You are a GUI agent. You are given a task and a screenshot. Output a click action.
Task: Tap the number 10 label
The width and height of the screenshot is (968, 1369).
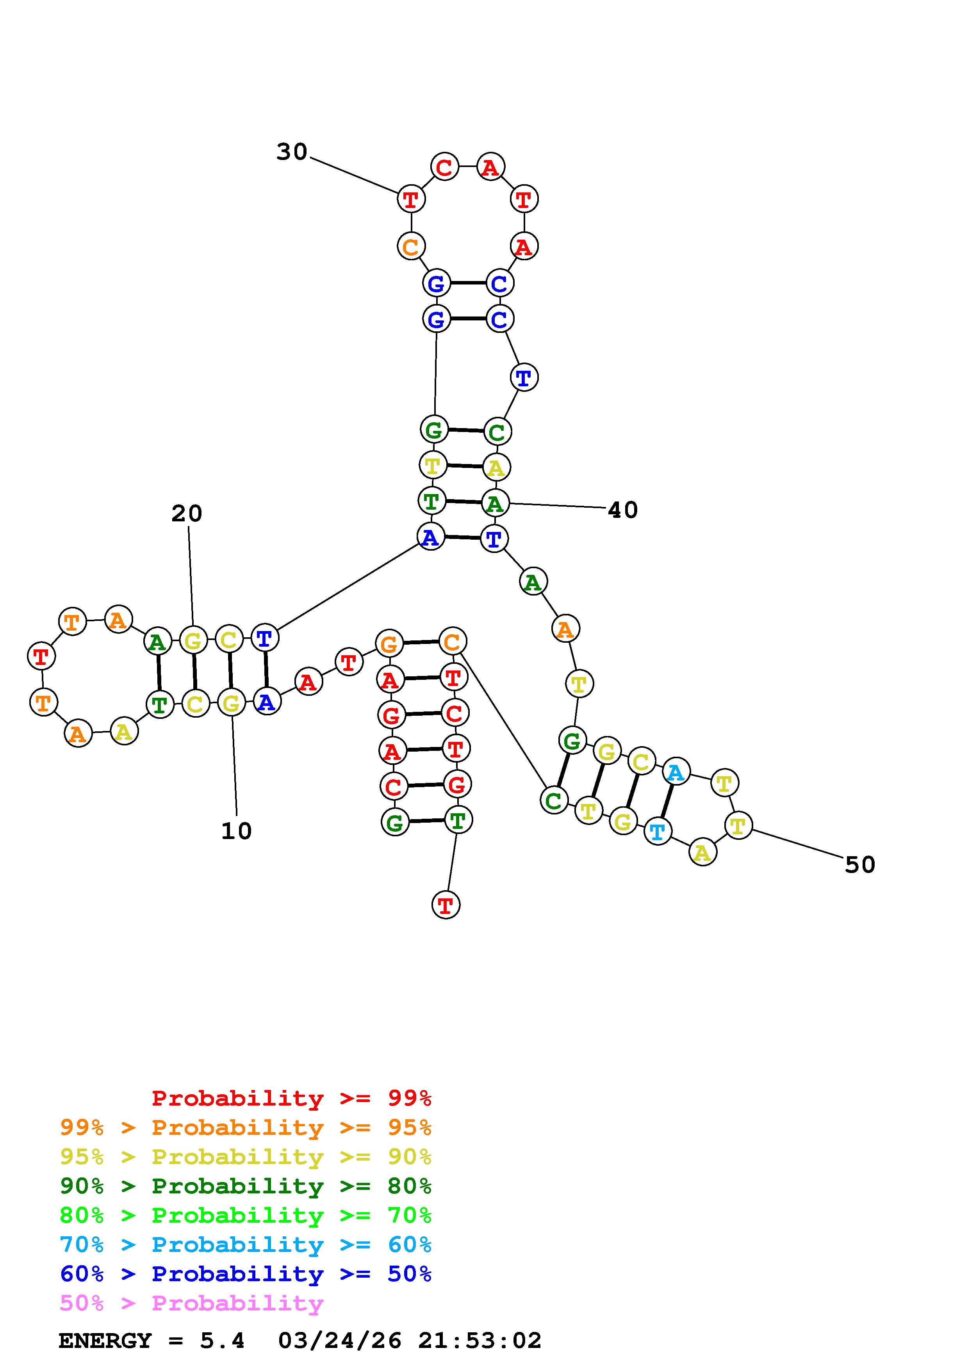[236, 830]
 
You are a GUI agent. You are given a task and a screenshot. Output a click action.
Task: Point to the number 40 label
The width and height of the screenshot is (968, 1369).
[623, 510]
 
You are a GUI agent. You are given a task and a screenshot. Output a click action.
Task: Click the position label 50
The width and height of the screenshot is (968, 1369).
[859, 864]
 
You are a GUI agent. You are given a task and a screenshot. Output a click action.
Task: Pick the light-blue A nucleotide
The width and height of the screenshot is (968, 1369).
[676, 773]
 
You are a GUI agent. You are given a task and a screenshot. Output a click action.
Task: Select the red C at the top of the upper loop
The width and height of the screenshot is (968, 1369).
[444, 167]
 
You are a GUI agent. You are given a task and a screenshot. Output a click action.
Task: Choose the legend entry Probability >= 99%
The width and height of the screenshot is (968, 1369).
[292, 1098]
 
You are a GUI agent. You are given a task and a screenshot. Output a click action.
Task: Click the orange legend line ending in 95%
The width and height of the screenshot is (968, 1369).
[246, 1127]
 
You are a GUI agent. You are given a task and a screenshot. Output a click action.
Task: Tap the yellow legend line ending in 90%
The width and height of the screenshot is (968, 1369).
[246, 1157]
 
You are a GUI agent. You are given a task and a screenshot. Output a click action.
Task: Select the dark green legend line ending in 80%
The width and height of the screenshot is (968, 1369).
[246, 1186]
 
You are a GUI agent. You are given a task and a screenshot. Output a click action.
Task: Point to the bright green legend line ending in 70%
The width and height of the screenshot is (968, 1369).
[246, 1215]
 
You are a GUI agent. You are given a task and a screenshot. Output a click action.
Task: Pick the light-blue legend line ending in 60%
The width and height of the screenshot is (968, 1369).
[246, 1245]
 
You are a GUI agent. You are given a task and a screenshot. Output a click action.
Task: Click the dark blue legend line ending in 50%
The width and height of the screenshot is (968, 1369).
[246, 1274]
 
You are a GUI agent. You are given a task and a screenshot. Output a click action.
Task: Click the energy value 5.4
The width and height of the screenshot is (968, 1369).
[222, 1341]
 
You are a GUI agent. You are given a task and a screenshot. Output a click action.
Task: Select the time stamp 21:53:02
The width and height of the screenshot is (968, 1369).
[480, 1341]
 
